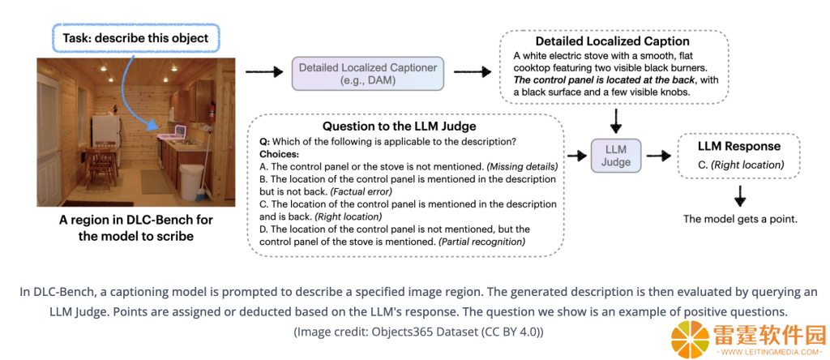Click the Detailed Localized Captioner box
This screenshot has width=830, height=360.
(368, 73)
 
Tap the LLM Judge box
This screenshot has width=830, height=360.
(616, 156)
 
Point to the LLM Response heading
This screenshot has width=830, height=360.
(738, 147)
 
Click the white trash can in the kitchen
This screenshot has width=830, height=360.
(190, 182)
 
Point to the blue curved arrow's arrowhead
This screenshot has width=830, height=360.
(153, 125)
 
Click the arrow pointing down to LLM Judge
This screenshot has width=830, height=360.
(616, 121)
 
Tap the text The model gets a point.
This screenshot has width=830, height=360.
(740, 219)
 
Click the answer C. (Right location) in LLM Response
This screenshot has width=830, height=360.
(741, 165)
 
